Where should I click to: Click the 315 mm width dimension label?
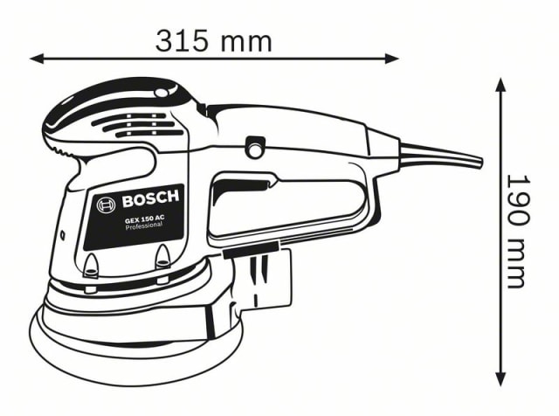point(213,40)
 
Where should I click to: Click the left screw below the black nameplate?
point(92,266)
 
